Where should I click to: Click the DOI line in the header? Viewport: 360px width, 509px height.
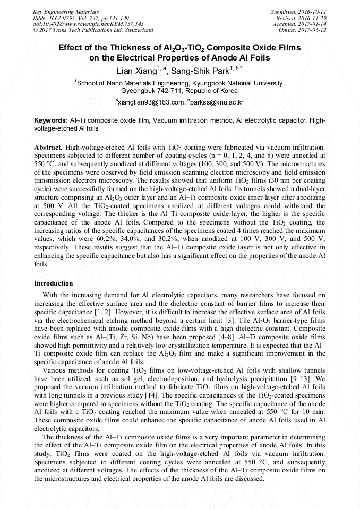tap(88, 24)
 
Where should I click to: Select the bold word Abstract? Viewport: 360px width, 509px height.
tap(49, 146)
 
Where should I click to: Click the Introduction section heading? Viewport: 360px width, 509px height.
tap(54, 283)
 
